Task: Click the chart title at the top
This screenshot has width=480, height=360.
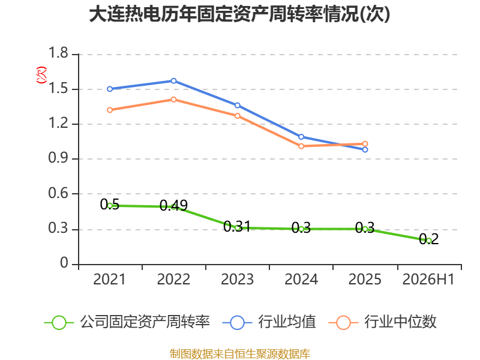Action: [x=239, y=14]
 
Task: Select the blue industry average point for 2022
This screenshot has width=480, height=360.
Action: [x=173, y=81]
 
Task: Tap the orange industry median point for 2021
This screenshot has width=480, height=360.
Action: [x=110, y=110]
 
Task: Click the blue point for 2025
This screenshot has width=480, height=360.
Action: [x=365, y=149]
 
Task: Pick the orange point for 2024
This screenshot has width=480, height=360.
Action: [x=301, y=146]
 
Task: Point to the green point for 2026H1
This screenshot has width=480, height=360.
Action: [x=429, y=241]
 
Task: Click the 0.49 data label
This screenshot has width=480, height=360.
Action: [x=173, y=205]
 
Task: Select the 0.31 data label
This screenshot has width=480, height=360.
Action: [x=237, y=227]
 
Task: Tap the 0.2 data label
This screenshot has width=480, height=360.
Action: [x=429, y=239]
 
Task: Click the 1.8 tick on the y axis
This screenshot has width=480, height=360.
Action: [x=58, y=53]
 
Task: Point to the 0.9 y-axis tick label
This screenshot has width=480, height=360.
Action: [x=58, y=158]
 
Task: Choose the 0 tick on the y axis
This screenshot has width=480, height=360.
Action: [x=64, y=263]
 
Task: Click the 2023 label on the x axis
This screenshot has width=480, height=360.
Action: [x=237, y=279]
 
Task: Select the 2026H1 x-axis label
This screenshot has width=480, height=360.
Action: [x=428, y=279]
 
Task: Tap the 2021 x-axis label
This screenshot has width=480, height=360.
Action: [x=109, y=279]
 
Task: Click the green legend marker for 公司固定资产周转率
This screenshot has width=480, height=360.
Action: [x=59, y=323]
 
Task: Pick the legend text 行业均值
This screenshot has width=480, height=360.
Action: [x=287, y=322]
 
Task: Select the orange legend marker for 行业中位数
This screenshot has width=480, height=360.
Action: [x=343, y=323]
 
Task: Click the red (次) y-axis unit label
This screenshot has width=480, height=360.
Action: [x=41, y=75]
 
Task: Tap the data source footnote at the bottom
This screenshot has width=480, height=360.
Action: [x=240, y=354]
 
